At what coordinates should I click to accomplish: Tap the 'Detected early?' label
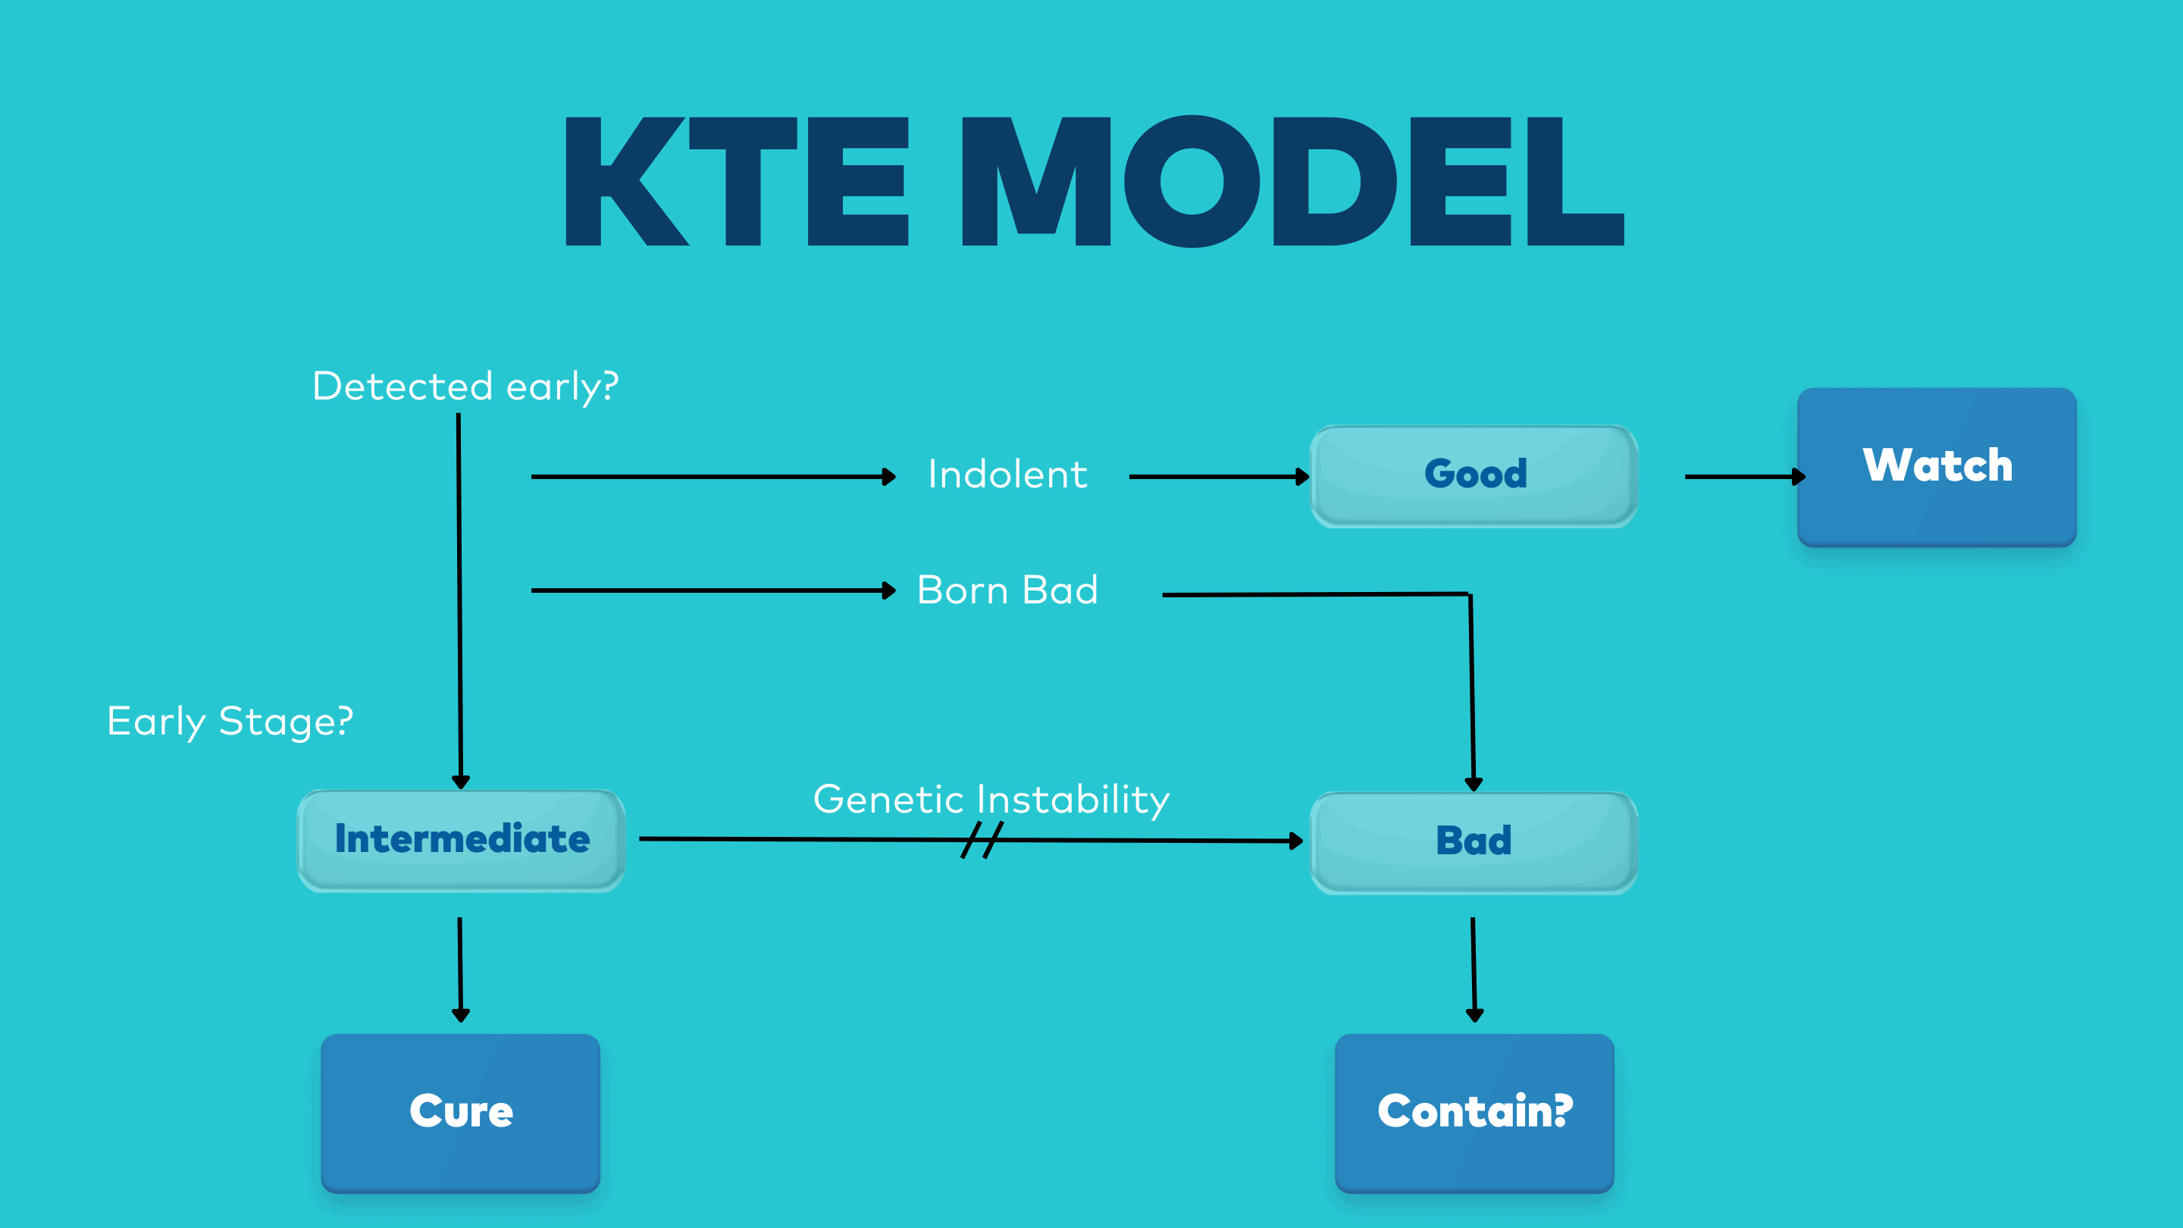point(465,387)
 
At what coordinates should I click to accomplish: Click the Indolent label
point(1007,475)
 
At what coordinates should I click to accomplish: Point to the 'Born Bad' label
point(1007,591)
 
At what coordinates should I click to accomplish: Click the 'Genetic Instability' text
point(991,799)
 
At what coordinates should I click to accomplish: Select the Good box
point(1474,475)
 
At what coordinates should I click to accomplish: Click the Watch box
point(1937,466)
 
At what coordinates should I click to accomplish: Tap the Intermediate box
point(461,840)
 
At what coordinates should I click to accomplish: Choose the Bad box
point(1474,841)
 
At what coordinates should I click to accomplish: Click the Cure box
point(460,1112)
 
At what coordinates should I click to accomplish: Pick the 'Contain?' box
point(1474,1112)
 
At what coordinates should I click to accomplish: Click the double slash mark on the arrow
point(982,840)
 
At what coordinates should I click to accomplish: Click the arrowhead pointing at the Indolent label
point(888,476)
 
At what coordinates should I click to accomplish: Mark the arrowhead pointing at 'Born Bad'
point(888,591)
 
